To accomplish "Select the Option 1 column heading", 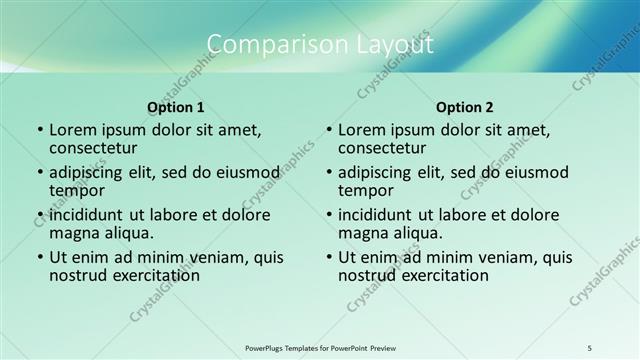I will (176, 106).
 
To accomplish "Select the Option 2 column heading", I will (465, 106).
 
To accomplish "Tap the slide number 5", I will (590, 347).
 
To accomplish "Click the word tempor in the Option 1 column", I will (76, 190).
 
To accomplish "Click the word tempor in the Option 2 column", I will (365, 190).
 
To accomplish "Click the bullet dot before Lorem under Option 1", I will (40, 130).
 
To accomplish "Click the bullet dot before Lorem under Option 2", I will (329, 130).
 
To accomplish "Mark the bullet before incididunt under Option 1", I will (40, 215).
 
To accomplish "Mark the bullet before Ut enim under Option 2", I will (329, 257).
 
